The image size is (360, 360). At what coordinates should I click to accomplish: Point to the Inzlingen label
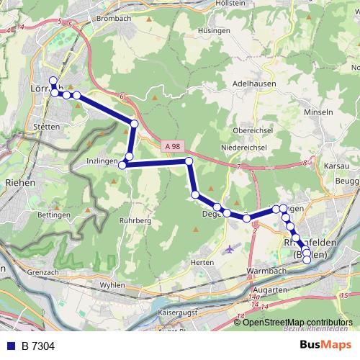(x=101, y=161)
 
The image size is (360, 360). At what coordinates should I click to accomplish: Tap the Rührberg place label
(x=135, y=220)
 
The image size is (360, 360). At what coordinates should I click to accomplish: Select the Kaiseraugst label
(x=177, y=314)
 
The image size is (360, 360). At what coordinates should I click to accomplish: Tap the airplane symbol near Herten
(x=230, y=249)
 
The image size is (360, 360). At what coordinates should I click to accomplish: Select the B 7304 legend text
(x=38, y=346)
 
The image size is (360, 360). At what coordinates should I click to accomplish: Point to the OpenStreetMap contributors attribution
(x=297, y=322)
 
